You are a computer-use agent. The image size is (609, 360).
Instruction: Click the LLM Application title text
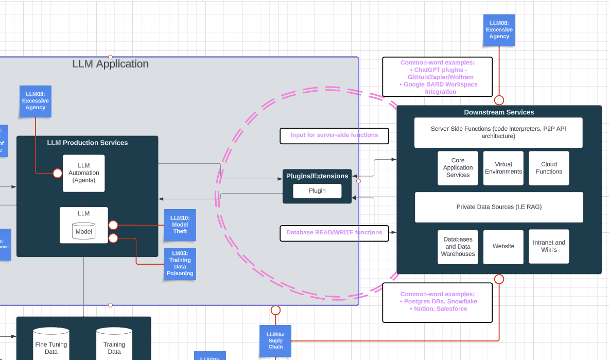[110, 64]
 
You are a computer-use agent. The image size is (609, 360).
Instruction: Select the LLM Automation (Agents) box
[84, 173]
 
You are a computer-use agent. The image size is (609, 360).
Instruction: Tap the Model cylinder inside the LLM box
[84, 231]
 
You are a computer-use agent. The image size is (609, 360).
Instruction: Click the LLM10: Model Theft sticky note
[180, 225]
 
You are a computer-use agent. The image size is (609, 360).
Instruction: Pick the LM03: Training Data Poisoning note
[180, 264]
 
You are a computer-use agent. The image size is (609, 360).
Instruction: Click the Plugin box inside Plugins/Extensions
[317, 191]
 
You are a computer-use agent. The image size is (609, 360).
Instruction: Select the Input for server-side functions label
[334, 135]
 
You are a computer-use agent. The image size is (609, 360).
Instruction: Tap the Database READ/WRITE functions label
[334, 233]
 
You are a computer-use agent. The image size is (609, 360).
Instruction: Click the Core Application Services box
[458, 168]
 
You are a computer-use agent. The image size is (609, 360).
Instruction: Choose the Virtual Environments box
[503, 168]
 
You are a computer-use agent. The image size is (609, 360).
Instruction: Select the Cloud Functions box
[549, 168]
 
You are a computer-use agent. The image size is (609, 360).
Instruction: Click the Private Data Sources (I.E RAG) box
[499, 207]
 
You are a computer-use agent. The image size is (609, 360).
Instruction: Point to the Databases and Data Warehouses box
[458, 247]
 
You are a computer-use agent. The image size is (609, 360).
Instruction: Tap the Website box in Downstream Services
[503, 247]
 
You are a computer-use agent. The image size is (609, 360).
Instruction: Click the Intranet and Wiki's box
[549, 247]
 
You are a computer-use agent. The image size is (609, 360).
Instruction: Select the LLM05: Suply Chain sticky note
[275, 340]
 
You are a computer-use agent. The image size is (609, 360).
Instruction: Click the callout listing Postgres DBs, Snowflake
[438, 302]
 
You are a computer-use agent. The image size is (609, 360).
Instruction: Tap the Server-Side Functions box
[498, 132]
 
